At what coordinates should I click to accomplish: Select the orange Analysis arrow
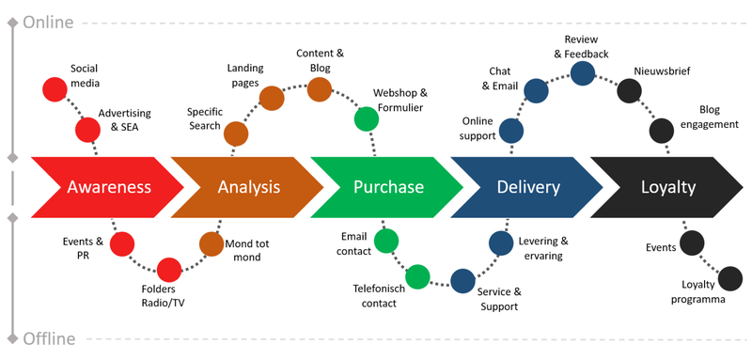246,186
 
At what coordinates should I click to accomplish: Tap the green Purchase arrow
386,186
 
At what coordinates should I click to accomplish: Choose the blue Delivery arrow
526,186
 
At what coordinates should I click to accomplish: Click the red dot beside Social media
55,89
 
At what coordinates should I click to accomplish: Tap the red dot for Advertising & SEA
87,129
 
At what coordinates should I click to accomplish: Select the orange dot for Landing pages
272,99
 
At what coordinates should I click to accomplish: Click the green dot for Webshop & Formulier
366,118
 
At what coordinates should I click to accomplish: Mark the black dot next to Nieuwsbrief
629,90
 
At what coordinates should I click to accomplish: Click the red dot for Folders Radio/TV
169,271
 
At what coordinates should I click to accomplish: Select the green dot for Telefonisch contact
417,276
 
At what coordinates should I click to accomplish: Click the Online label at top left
49,21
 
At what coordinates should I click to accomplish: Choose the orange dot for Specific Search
236,134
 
